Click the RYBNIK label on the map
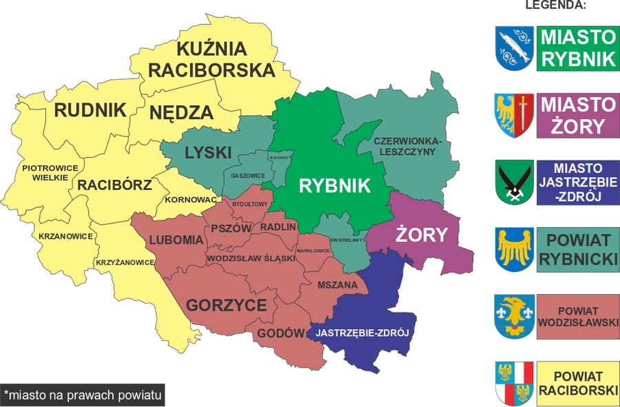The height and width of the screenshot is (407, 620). [x=334, y=185]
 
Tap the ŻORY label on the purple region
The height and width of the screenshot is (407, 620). [x=421, y=235]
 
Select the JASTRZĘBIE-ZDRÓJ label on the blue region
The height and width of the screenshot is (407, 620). [x=362, y=333]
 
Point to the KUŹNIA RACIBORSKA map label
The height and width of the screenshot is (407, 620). [x=211, y=59]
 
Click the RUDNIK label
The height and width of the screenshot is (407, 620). [x=90, y=110]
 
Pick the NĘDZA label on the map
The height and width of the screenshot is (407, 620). [x=181, y=113]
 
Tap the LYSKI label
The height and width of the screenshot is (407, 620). [x=207, y=153]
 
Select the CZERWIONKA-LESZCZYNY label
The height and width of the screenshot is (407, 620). [x=411, y=147]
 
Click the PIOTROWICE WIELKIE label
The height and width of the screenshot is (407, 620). [x=45, y=172]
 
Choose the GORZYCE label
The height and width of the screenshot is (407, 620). [x=226, y=305]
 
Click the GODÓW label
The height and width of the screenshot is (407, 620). [x=281, y=334]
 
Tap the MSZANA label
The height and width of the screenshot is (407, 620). [x=338, y=284]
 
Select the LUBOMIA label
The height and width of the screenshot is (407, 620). [x=176, y=240]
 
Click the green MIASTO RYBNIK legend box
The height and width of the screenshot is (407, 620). [x=577, y=48]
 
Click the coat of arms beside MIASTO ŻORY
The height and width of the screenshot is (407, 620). [x=514, y=115]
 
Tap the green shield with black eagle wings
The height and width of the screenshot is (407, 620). [x=514, y=182]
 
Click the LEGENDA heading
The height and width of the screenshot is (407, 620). [x=555, y=6]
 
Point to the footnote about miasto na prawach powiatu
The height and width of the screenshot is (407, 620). [x=83, y=395]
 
